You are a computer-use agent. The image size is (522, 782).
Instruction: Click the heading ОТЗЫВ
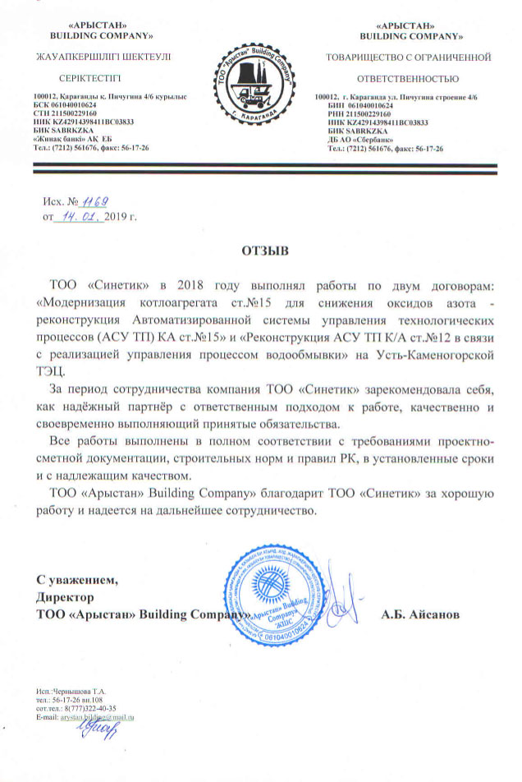tap(261, 246)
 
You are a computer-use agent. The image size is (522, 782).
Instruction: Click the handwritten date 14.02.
tap(78, 217)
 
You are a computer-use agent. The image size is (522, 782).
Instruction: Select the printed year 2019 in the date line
tap(117, 218)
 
